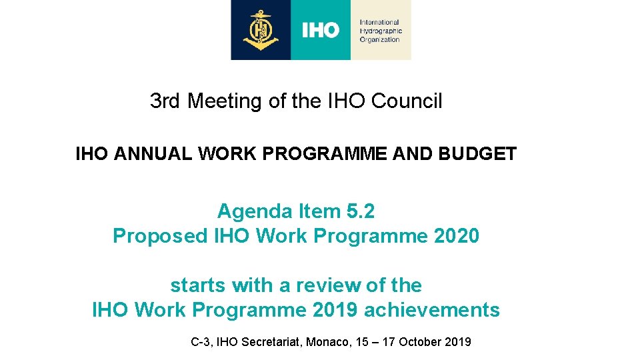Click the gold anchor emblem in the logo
click(x=261, y=30)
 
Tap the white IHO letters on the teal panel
click(x=321, y=30)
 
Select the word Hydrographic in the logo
click(x=381, y=31)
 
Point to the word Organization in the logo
click(x=379, y=39)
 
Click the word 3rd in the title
click(x=166, y=101)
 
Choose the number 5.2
click(x=361, y=211)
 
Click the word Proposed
click(x=160, y=236)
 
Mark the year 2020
click(x=456, y=236)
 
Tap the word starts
click(x=198, y=285)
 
